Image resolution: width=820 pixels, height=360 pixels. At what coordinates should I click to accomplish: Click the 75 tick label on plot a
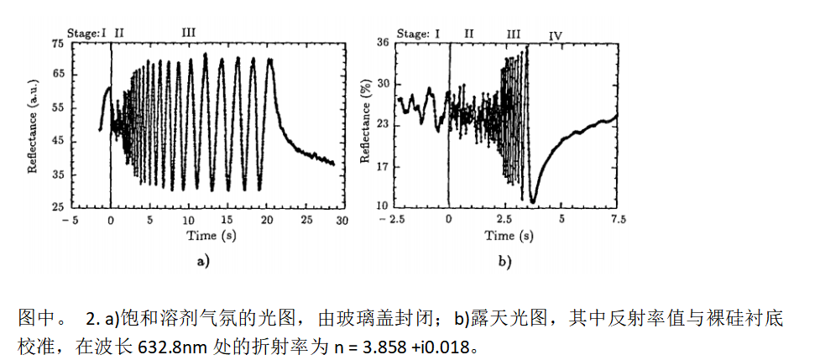tap(58, 43)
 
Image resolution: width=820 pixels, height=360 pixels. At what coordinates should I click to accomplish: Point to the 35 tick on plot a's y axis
tap(58, 175)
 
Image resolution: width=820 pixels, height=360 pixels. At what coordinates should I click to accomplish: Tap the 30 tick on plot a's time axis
tap(342, 220)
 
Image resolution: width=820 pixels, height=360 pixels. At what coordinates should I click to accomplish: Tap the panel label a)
tap(202, 262)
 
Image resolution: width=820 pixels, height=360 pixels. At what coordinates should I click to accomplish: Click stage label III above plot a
tap(189, 32)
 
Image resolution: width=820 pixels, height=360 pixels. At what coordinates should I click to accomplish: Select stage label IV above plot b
tap(556, 35)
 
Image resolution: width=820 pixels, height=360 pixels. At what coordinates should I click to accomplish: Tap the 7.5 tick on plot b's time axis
tap(618, 218)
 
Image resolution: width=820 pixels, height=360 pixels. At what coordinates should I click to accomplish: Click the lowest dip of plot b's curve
tap(532, 201)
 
